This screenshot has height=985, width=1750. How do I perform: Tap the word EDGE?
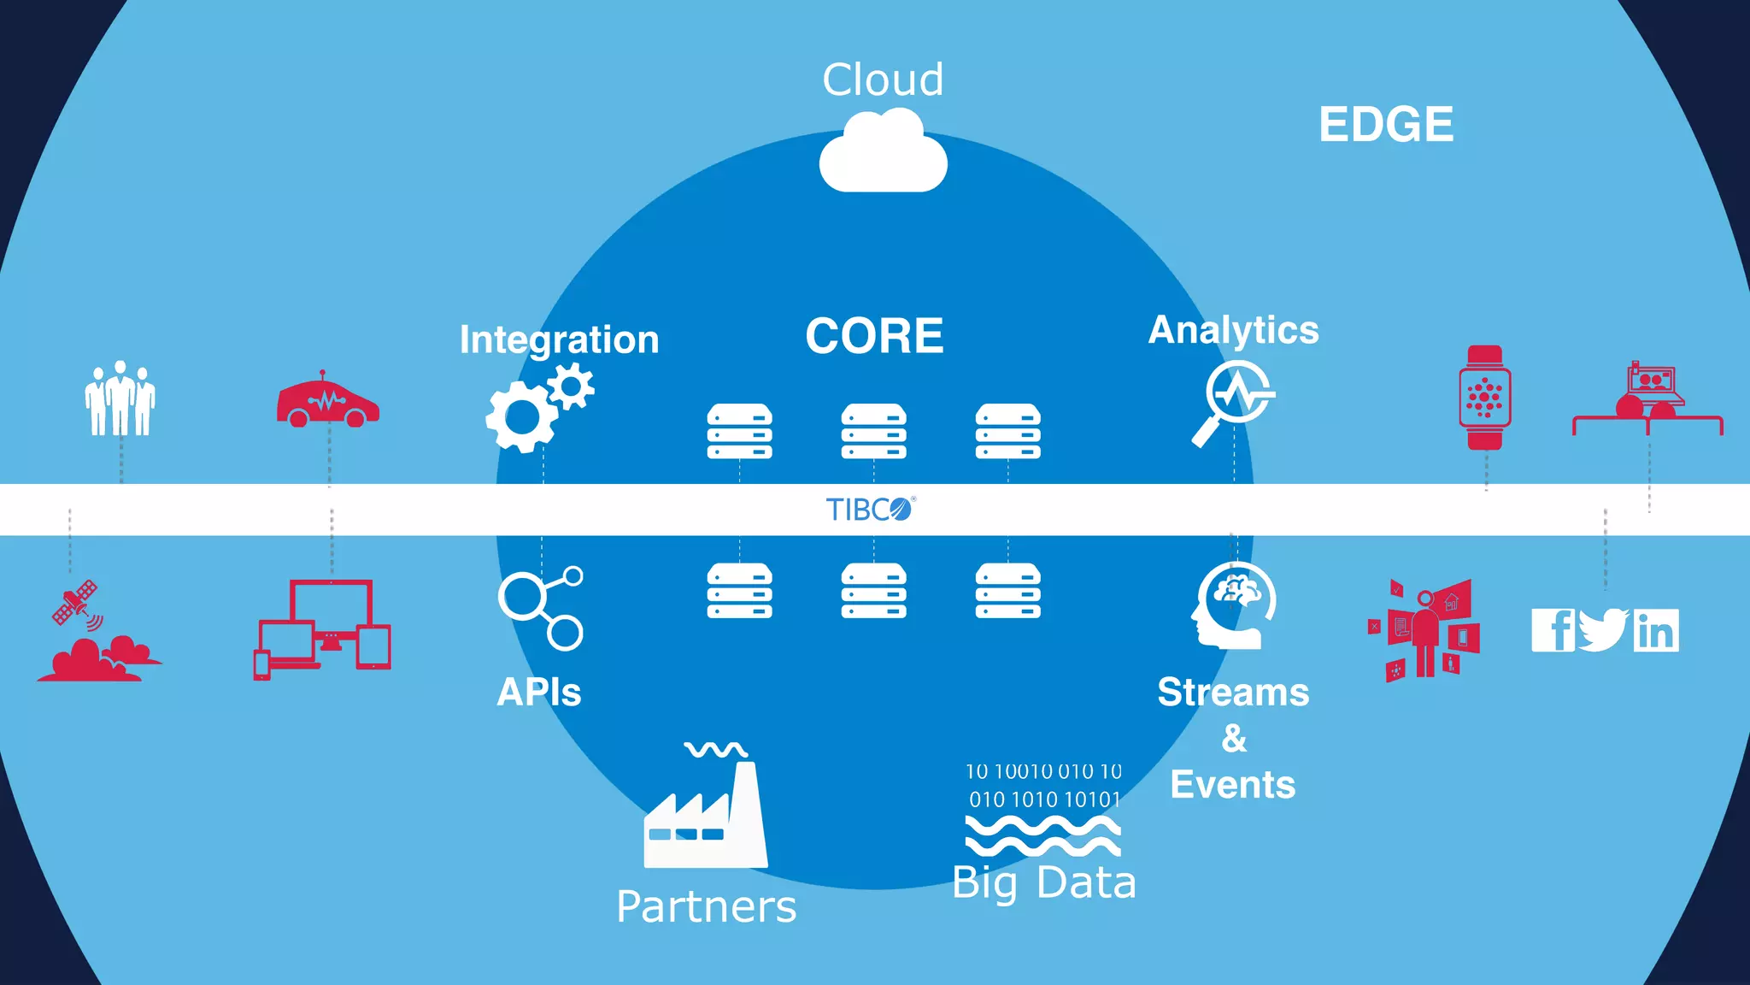pyautogui.click(x=1385, y=124)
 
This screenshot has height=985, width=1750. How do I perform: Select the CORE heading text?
pyautogui.click(x=874, y=335)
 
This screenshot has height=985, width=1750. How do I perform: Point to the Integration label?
pyautogui.click(x=559, y=339)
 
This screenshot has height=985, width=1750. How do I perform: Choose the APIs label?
pyautogui.click(x=539, y=692)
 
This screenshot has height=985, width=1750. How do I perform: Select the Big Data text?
pyautogui.click(x=1044, y=883)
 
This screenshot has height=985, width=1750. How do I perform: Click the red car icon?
pyautogui.click(x=327, y=402)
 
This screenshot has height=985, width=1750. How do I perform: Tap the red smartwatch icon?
pyautogui.click(x=1485, y=398)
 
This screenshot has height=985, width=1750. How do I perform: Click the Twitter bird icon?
pyautogui.click(x=1603, y=630)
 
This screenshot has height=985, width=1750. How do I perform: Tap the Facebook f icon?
pyautogui.click(x=1553, y=631)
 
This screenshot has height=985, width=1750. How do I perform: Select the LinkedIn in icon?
pyautogui.click(x=1656, y=631)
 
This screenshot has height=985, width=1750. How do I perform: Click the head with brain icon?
pyautogui.click(x=1234, y=605)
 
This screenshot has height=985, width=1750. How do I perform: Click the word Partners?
pyautogui.click(x=706, y=906)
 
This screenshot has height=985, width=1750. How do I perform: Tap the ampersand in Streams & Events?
pyautogui.click(x=1234, y=738)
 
